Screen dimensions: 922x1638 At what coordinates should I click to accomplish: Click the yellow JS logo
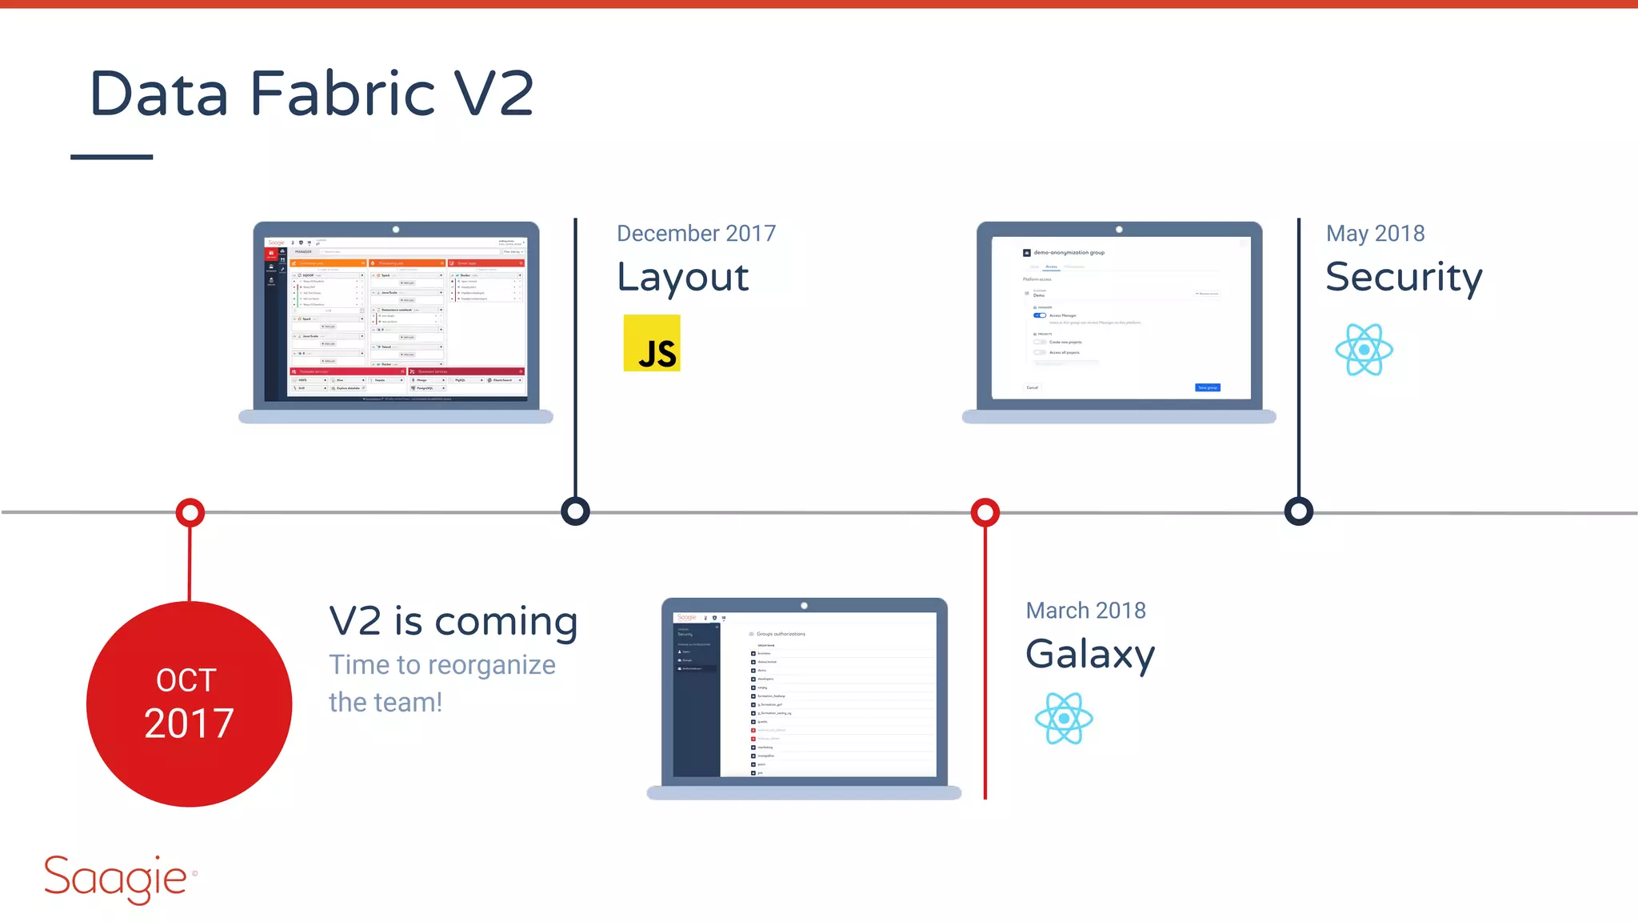(x=652, y=343)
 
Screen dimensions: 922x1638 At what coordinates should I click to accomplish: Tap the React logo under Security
(x=1364, y=350)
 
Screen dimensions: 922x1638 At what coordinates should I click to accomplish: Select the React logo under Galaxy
(x=1064, y=719)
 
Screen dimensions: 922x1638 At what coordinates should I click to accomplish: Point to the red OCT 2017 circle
(x=189, y=704)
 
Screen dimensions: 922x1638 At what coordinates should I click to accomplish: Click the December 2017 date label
(x=696, y=233)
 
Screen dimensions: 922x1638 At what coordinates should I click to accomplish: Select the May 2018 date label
(x=1375, y=233)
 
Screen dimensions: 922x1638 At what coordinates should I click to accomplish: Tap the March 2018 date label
(x=1085, y=611)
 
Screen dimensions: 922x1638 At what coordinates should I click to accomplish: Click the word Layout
(x=682, y=278)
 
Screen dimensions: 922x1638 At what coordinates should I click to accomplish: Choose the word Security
(x=1404, y=278)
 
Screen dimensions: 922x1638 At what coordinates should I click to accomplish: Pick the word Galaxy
(x=1090, y=655)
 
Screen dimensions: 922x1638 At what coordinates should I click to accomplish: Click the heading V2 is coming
(x=453, y=621)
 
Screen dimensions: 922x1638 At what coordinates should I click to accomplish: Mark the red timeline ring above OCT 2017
(x=190, y=512)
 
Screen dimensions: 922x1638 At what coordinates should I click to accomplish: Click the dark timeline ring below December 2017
(x=575, y=511)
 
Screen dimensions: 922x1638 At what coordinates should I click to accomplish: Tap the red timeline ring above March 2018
(x=985, y=512)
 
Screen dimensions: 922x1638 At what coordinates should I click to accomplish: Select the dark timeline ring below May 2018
(x=1298, y=511)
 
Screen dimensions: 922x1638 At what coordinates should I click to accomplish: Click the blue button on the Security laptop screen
(x=1207, y=387)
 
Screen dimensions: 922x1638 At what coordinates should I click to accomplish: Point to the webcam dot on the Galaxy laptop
(x=804, y=606)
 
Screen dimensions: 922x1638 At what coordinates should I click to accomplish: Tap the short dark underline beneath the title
(x=111, y=157)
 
